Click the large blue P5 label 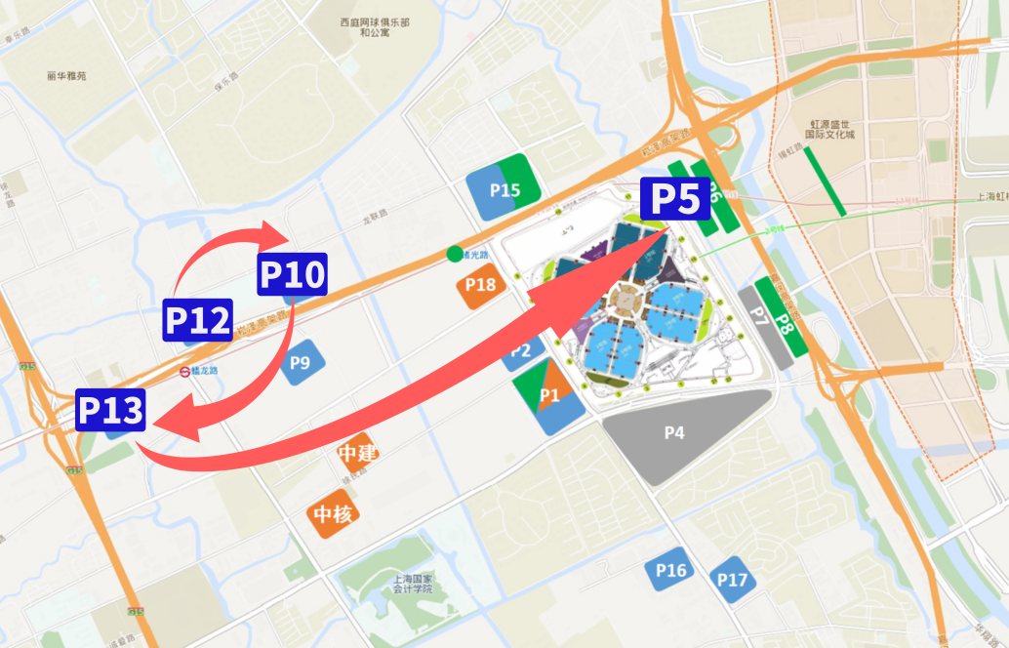[x=675, y=200]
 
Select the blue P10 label [x=292, y=276]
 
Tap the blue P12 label [x=198, y=320]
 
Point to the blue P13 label [x=111, y=410]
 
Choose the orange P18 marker [x=480, y=285]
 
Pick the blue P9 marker [x=301, y=363]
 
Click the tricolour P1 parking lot [x=548, y=395]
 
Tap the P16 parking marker [x=671, y=571]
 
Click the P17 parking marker [x=732, y=581]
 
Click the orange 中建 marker [x=356, y=454]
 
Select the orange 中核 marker [x=333, y=514]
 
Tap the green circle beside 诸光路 [x=454, y=255]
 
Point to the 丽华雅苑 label [x=66, y=75]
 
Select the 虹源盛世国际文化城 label [x=831, y=129]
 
